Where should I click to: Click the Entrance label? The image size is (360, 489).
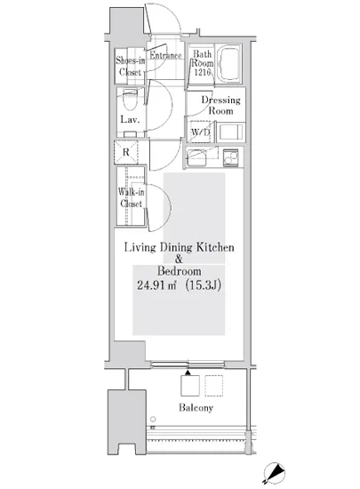click(165, 55)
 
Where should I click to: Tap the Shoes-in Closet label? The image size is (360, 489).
click(131, 66)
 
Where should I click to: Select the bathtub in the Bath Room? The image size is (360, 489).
click(229, 63)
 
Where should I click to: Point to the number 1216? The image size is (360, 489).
click(203, 72)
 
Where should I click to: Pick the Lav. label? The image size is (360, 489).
click(130, 119)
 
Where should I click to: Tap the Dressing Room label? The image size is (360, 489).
click(221, 106)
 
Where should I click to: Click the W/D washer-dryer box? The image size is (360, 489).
click(200, 132)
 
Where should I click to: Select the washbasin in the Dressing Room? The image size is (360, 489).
click(230, 132)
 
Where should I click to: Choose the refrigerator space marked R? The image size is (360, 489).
click(126, 152)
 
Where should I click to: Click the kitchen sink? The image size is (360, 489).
click(196, 157)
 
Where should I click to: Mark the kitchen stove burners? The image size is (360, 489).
click(230, 157)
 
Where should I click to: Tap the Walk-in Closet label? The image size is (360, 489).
click(131, 197)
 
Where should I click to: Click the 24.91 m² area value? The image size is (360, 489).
click(156, 285)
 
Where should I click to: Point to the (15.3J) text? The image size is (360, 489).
click(204, 285)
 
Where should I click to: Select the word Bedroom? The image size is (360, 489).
click(180, 271)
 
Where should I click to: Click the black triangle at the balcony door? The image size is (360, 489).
click(188, 373)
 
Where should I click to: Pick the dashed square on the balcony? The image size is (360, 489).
click(214, 386)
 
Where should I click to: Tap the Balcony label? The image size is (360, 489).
click(196, 407)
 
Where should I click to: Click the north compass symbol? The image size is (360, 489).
click(274, 474)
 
